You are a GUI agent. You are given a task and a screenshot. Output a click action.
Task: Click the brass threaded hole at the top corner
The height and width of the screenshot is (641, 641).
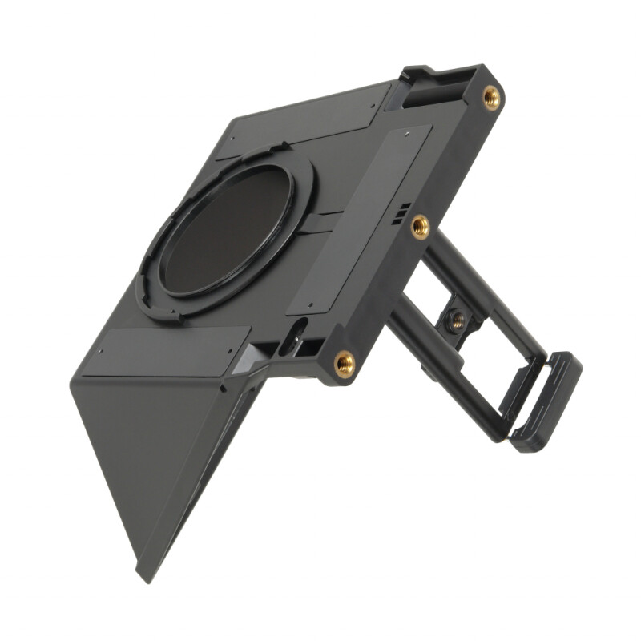click(491, 98)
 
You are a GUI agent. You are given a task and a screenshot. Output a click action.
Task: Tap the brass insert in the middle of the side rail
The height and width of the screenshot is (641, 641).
click(420, 228)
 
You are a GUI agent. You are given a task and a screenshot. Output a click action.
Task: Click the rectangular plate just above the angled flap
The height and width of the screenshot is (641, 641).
click(156, 349)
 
